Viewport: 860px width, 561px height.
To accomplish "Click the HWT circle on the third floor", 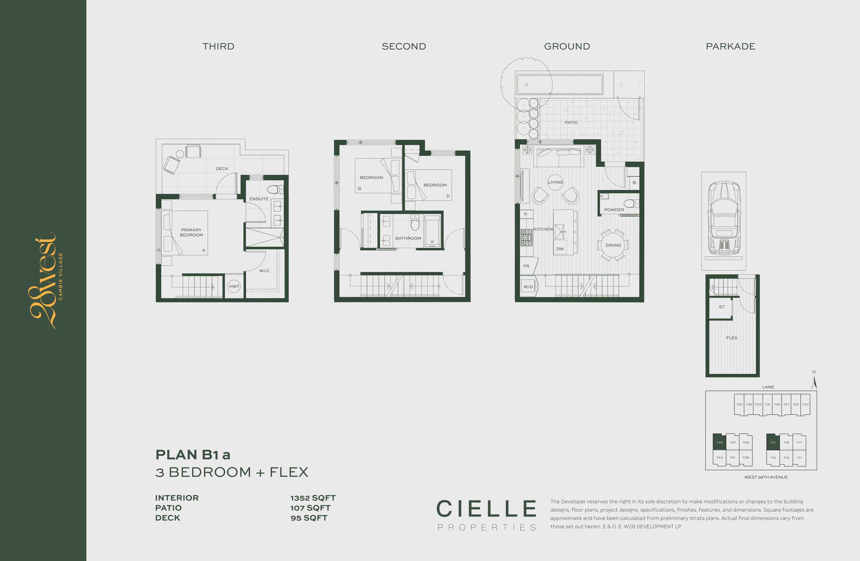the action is pyautogui.click(x=234, y=286).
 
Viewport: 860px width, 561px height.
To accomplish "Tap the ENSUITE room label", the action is pyautogui.click(x=259, y=199).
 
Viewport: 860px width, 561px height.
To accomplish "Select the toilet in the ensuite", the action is pyautogui.click(x=275, y=189).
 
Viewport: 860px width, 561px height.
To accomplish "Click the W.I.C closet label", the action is pyautogui.click(x=265, y=271).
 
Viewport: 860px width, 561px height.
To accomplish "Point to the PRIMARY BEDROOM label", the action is pyautogui.click(x=191, y=232).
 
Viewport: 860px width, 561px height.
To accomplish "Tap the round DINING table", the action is pyautogui.click(x=613, y=245).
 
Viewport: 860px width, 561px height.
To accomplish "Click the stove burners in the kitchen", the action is pyautogui.click(x=526, y=237).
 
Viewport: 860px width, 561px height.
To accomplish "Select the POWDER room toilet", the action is pyautogui.click(x=631, y=204).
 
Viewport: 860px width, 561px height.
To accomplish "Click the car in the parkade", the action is pyautogui.click(x=724, y=218).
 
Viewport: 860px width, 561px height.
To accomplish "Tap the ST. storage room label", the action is pyautogui.click(x=722, y=307).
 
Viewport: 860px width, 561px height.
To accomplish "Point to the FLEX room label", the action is pyautogui.click(x=732, y=338).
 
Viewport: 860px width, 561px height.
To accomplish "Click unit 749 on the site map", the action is pyautogui.click(x=720, y=442).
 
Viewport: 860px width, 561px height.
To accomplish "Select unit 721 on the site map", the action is pyautogui.click(x=773, y=442).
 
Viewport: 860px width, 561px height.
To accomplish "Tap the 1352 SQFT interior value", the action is pyautogui.click(x=313, y=498).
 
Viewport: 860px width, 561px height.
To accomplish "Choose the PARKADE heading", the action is pyautogui.click(x=731, y=46).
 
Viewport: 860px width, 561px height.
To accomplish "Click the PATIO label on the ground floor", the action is pyautogui.click(x=571, y=122).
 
